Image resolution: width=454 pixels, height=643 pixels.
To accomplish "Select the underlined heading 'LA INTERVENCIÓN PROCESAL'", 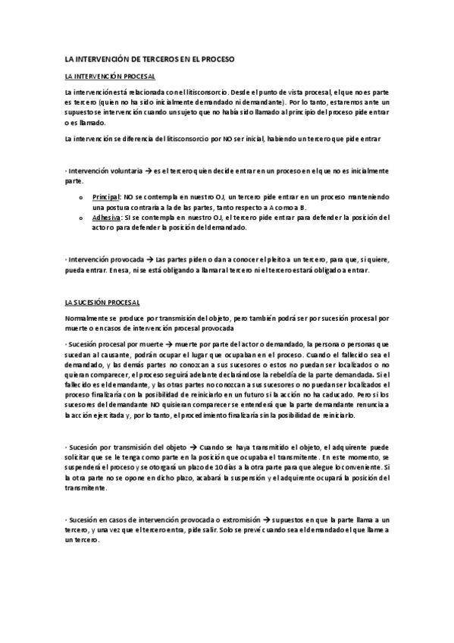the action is (x=111, y=77).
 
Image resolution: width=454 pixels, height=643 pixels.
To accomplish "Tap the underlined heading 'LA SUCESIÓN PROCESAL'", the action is (x=102, y=302).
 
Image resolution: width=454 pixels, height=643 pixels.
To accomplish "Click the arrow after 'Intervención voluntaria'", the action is (x=147, y=170).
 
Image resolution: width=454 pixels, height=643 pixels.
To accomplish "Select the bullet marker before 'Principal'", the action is (x=80, y=196).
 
